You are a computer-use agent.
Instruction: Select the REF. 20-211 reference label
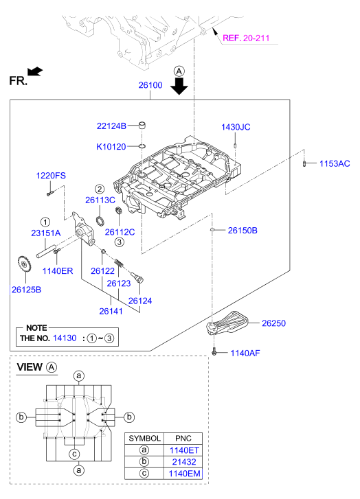click(x=249, y=38)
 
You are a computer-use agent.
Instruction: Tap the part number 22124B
click(x=111, y=126)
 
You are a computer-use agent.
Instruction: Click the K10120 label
click(x=111, y=146)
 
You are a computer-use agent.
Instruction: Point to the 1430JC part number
click(x=236, y=127)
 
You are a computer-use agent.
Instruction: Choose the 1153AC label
click(x=335, y=163)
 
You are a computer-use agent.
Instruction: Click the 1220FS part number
click(x=51, y=176)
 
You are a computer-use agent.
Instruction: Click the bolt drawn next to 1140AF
click(x=216, y=353)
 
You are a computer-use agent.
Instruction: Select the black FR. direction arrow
click(x=35, y=70)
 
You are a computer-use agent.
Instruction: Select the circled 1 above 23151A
click(x=45, y=222)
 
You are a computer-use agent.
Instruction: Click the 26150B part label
click(x=243, y=231)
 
